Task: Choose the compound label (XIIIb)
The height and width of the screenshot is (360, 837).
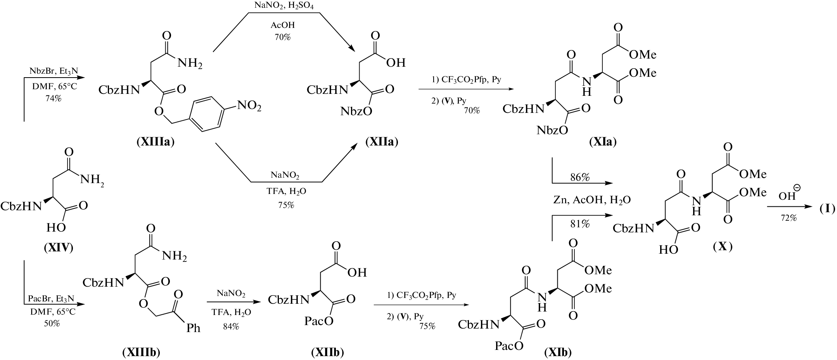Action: click(142, 352)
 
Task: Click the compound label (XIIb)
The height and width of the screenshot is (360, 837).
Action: click(328, 352)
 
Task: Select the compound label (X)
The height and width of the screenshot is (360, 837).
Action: click(722, 247)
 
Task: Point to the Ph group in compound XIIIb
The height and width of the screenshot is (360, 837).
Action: click(194, 329)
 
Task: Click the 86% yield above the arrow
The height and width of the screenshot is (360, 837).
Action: click(580, 178)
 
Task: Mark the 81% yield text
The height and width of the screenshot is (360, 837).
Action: click(580, 224)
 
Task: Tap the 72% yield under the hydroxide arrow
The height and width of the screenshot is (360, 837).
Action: click(789, 218)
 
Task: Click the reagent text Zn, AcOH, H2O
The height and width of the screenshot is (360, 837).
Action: click(592, 200)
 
